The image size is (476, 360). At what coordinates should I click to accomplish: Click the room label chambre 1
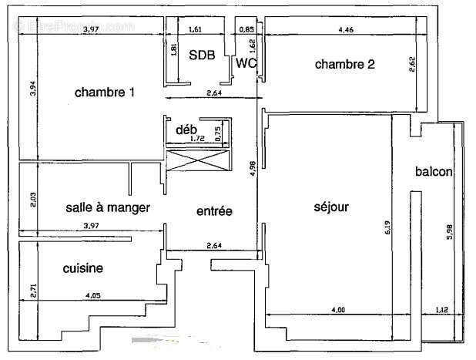pyautogui.click(x=105, y=93)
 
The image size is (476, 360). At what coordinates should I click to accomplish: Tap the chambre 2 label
pyautogui.click(x=344, y=65)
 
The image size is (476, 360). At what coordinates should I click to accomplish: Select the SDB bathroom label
pyautogui.click(x=203, y=54)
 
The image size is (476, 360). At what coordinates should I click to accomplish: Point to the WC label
pyautogui.click(x=246, y=63)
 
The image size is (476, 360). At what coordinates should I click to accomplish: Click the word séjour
pyautogui.click(x=331, y=207)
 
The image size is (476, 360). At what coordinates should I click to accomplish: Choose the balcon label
pyautogui.click(x=434, y=171)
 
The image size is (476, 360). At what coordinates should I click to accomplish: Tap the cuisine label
pyautogui.click(x=83, y=268)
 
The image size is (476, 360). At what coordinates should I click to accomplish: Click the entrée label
pyautogui.click(x=214, y=211)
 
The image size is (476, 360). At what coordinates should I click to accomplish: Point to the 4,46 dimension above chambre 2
pyautogui.click(x=346, y=30)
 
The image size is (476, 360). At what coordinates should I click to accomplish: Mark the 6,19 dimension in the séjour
pyautogui.click(x=387, y=227)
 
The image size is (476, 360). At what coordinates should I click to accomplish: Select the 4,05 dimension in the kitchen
pyautogui.click(x=93, y=294)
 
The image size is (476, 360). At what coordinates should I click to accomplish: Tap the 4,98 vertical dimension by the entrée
pyautogui.click(x=253, y=170)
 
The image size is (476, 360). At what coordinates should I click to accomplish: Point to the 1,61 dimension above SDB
pyautogui.click(x=195, y=30)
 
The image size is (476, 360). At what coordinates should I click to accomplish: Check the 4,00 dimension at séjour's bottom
pyautogui.click(x=338, y=309)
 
